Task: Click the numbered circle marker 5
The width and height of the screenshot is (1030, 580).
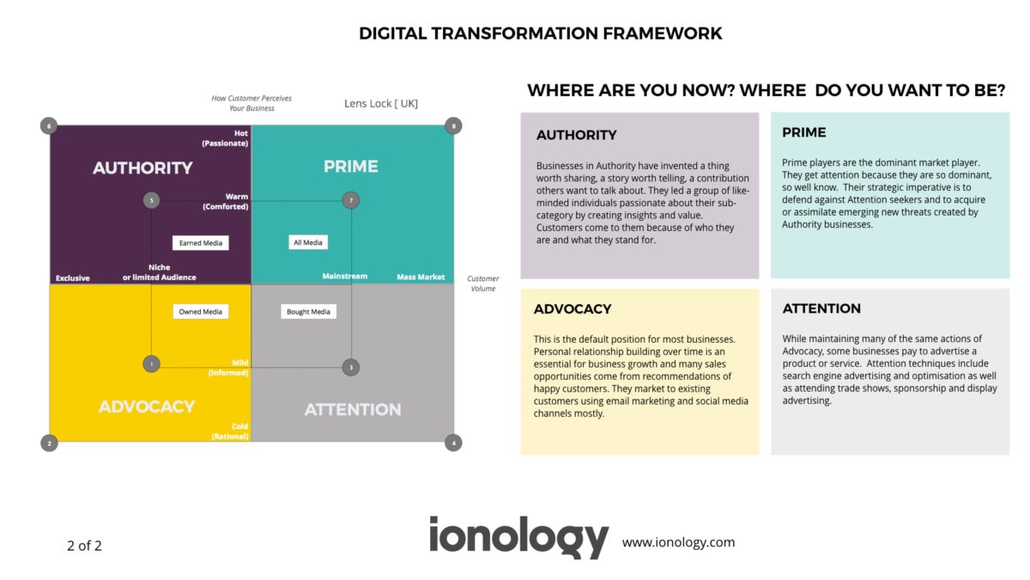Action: coord(152,201)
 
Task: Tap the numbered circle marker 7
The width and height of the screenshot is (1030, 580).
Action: coord(349,201)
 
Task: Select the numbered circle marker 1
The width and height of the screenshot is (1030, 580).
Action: coord(151,364)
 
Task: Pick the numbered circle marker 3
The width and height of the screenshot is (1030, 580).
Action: coord(350,367)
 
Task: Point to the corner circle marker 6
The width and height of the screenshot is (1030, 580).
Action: coord(49,126)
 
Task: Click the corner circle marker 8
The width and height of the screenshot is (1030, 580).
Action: coord(453,126)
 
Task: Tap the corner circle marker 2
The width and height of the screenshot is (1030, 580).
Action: coord(49,443)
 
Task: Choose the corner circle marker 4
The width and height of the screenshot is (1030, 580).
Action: coord(453,443)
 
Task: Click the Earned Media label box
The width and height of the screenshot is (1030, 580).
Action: coord(201,243)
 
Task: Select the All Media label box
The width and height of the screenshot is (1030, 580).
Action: coord(308,243)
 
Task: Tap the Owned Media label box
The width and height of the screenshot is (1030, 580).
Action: coord(201,312)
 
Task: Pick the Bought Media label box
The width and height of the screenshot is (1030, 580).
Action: coord(308,312)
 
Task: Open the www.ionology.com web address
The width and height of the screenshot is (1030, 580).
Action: coord(678,542)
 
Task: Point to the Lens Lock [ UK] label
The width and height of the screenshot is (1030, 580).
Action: coord(381,104)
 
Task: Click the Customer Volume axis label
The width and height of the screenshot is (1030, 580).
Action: coord(482,284)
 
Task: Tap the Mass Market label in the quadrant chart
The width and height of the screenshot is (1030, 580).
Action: coord(421,277)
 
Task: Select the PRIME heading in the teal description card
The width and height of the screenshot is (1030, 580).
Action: coord(804,132)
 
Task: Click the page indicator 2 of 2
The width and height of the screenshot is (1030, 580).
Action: coord(84,546)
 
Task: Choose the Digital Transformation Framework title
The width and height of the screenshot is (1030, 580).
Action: coord(541,34)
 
